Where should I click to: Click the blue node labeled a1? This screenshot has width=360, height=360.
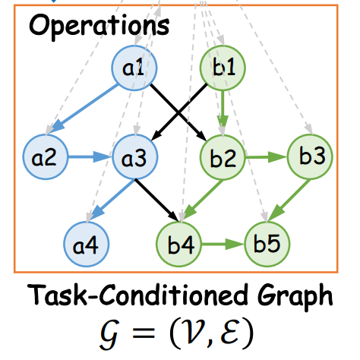point(134,68)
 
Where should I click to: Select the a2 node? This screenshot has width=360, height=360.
point(46,157)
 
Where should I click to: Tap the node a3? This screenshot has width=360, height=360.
point(135,157)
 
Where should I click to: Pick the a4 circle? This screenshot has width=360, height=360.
point(87,244)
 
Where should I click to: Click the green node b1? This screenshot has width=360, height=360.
point(223,68)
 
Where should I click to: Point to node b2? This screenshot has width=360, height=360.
point(223,157)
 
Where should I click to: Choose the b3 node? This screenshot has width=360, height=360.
point(310,157)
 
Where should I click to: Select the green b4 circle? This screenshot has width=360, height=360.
point(179,244)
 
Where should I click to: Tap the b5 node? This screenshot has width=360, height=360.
point(267,244)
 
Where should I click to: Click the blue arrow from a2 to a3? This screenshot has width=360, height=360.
point(90,157)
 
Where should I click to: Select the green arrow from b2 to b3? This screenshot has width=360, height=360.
point(267,157)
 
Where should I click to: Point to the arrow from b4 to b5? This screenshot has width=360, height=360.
point(223,244)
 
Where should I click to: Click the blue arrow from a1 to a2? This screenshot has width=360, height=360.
point(84,108)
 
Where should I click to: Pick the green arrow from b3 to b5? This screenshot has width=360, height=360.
point(289,200)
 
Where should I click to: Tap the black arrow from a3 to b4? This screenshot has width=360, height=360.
point(156,200)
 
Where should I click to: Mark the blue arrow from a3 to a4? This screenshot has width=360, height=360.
point(113,200)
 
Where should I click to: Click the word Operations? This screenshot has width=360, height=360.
point(99,26)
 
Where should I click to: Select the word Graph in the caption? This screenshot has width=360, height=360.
point(295,296)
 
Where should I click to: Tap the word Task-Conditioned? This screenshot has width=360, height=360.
point(137,294)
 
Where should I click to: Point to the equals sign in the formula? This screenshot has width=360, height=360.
point(144,332)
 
